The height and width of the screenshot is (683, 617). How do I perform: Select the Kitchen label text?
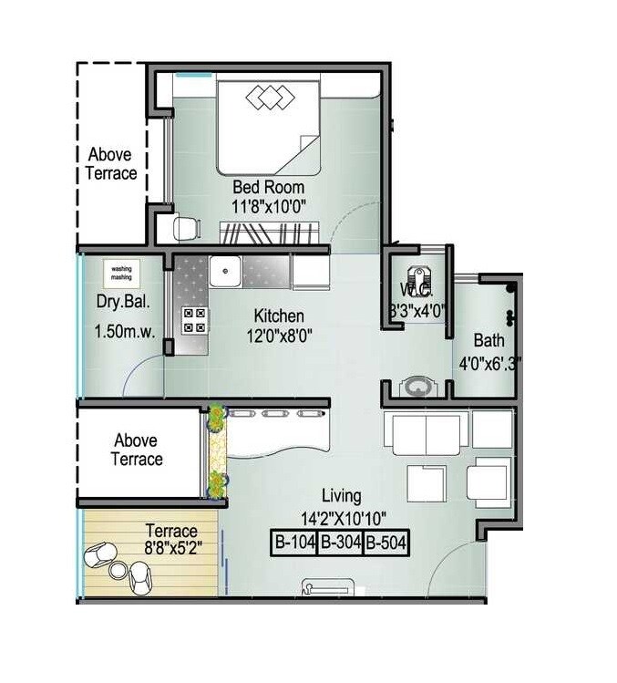278,316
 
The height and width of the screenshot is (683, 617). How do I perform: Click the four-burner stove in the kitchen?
194,319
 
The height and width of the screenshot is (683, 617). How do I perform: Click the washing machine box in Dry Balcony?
121,274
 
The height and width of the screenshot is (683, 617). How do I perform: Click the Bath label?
488,340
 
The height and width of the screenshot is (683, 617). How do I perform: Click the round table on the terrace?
117,570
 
